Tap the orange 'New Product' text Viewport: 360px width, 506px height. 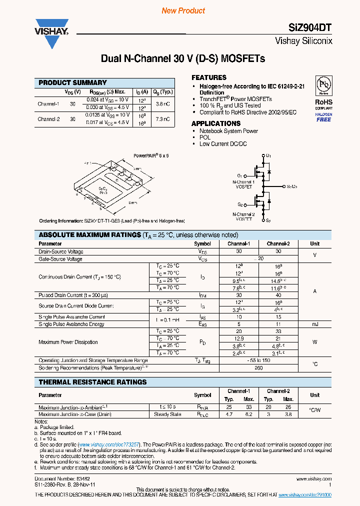(183, 10)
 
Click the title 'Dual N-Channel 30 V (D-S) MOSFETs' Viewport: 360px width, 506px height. (183, 59)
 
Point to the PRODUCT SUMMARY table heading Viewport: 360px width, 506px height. (73, 82)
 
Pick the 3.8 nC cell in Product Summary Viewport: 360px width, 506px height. (163, 104)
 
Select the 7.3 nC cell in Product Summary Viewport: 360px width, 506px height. (163, 119)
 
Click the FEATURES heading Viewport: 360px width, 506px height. (209, 77)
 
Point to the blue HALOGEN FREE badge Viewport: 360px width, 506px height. (323, 117)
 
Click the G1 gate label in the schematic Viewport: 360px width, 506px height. (240, 176)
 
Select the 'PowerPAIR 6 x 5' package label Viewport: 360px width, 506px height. (151, 155)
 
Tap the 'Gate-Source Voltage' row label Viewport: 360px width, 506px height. (60, 259)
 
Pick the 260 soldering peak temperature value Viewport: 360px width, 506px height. (258, 367)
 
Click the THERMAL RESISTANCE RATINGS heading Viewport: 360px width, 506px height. (93, 382)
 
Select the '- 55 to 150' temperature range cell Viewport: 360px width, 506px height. (258, 360)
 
